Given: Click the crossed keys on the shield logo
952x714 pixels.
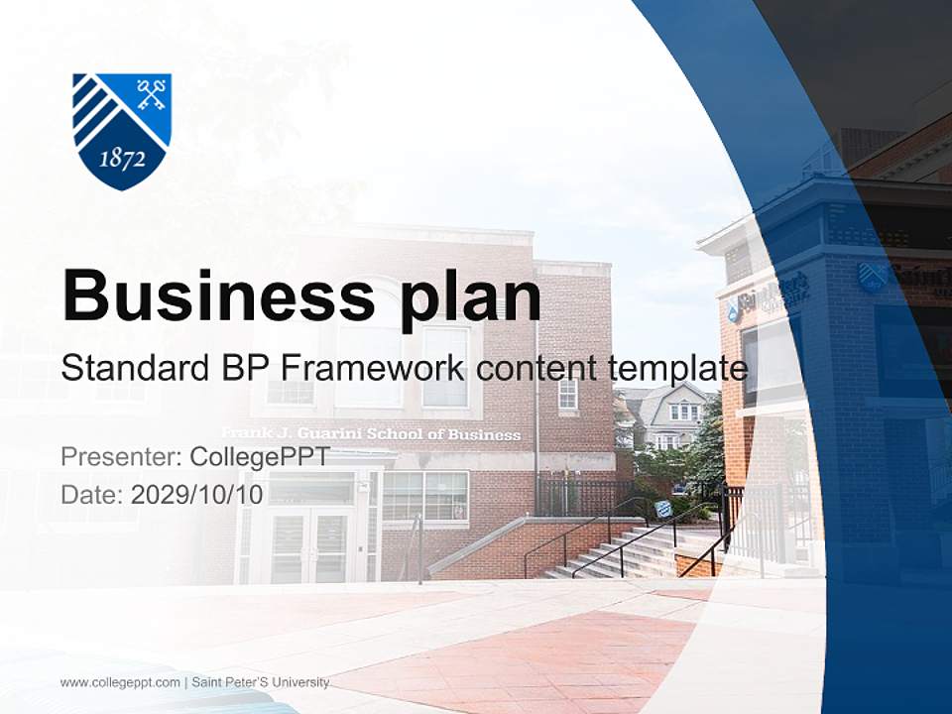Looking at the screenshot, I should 151,95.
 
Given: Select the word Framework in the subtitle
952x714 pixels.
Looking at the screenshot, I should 371,368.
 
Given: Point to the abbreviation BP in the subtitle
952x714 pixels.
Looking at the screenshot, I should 243,368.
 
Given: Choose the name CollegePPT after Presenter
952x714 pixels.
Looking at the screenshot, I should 259,457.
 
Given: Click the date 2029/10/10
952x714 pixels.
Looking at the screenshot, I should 197,494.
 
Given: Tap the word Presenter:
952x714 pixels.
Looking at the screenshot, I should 120,457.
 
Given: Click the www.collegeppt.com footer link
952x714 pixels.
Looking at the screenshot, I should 120,682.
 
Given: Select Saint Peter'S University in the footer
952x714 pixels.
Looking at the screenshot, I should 260,682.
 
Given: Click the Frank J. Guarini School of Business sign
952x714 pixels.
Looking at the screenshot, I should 370,434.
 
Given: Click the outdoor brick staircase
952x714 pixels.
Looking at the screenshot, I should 615,555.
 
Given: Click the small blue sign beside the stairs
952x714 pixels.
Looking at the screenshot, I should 662,509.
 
